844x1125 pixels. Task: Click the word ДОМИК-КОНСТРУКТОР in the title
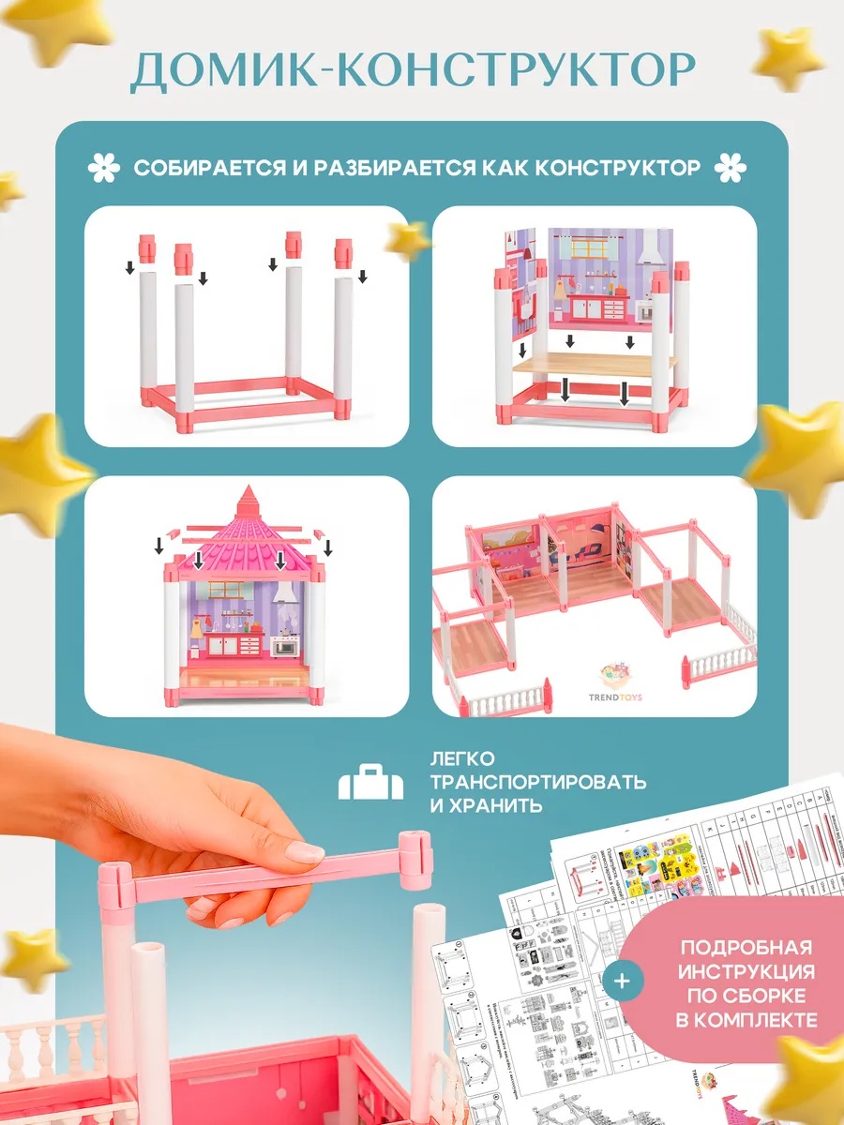(413, 71)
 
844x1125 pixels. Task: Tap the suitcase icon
(370, 784)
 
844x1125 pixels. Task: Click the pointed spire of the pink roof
(248, 499)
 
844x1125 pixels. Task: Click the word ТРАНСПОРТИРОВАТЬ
(537, 782)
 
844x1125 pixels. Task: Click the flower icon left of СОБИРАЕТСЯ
(104, 169)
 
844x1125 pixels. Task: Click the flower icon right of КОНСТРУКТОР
(730, 169)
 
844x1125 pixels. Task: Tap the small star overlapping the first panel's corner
(409, 241)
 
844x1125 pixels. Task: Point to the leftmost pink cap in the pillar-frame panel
(148, 247)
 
